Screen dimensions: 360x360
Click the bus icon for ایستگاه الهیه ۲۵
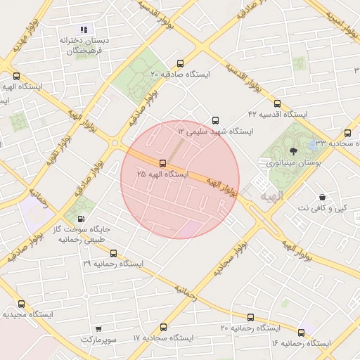(x=163, y=164)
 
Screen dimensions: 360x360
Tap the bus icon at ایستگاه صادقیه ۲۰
(x=181, y=63)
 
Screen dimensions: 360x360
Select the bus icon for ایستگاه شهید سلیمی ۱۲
(x=215, y=120)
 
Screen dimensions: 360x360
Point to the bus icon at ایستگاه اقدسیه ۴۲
(x=277, y=103)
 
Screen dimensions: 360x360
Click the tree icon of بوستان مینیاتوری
(x=294, y=151)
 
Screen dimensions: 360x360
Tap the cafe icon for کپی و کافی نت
(x=322, y=198)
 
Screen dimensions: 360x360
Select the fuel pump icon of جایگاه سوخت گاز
(x=86, y=219)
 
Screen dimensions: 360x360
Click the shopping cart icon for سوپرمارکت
(x=97, y=329)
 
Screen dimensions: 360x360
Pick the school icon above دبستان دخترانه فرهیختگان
(x=84, y=30)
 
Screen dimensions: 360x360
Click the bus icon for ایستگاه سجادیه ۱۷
(x=163, y=328)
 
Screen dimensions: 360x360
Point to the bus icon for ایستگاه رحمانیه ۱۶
(x=301, y=333)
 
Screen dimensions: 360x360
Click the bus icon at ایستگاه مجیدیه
(x=21, y=304)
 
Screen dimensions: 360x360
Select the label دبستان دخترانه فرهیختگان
(x=84, y=46)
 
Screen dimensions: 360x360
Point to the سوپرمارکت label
(x=97, y=340)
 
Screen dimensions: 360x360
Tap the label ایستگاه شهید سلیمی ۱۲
(x=215, y=131)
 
